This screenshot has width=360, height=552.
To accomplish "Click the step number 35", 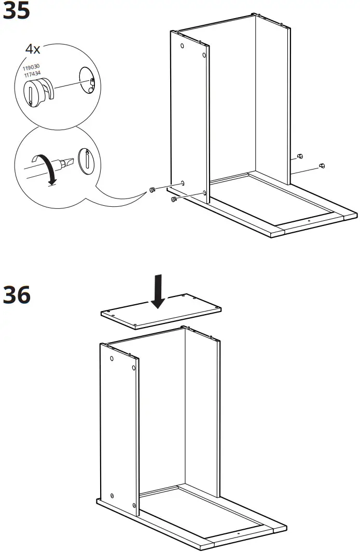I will [x=16, y=11].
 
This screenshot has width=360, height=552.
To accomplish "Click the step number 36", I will [x=16, y=295].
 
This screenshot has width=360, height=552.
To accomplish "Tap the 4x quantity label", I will [x=33, y=50].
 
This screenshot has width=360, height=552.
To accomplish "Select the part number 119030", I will [x=31, y=67].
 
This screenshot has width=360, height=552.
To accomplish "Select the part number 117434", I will [x=31, y=74].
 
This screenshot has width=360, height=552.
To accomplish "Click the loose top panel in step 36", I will [x=161, y=312].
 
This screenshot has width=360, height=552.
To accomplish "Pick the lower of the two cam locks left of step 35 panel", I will [x=173, y=199].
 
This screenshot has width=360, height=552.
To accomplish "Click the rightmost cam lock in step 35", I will [x=322, y=166].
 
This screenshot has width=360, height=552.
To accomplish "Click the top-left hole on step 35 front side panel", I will [x=183, y=46].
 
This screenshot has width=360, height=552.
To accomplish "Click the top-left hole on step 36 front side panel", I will [x=112, y=359].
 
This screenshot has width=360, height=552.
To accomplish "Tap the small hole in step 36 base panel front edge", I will [x=238, y=534].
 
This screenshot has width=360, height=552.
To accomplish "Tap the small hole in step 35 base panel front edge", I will [x=309, y=221].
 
